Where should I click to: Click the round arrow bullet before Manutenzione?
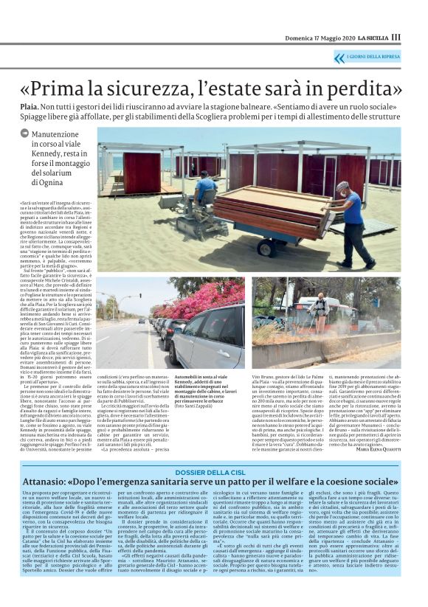25,133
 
